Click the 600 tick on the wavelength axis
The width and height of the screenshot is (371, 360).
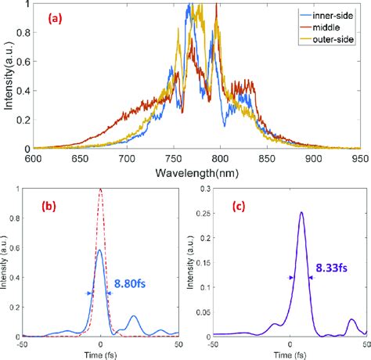34,158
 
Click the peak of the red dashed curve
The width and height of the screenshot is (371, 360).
100,190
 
